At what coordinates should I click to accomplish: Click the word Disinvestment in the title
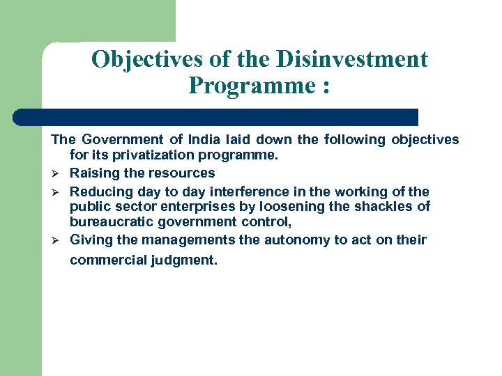pos(352,60)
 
